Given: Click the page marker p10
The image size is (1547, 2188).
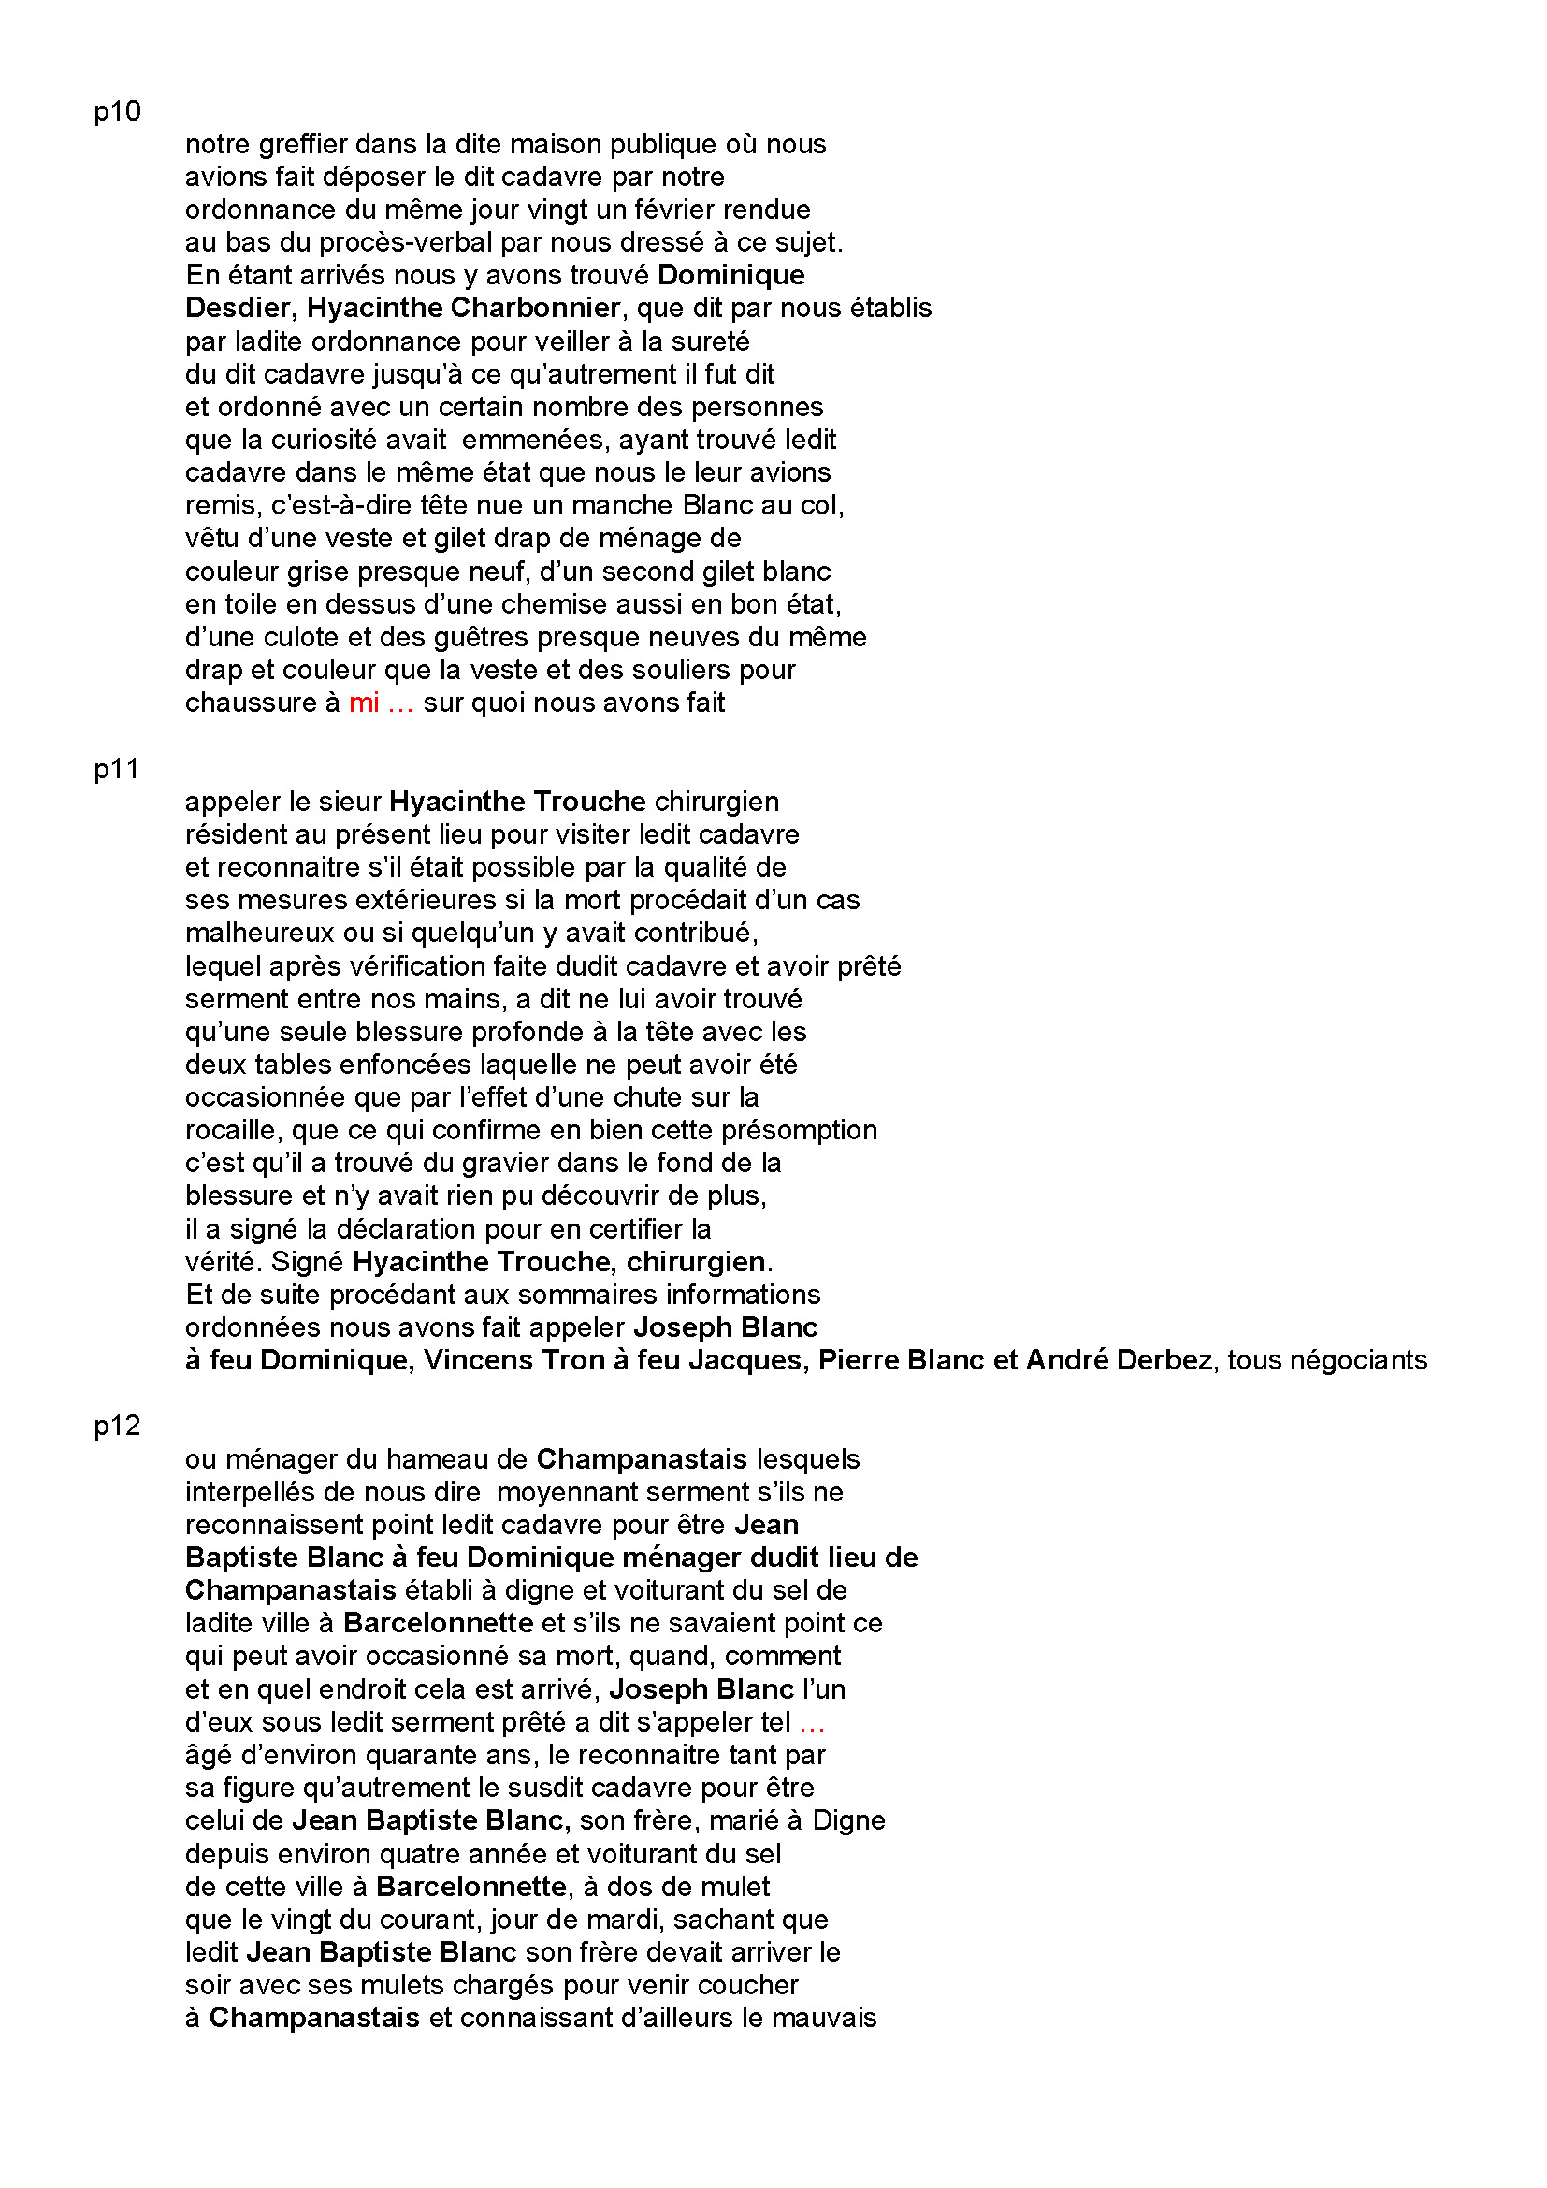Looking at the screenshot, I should (x=117, y=111).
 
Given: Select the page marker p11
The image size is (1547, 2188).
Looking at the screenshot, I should (x=116, y=769).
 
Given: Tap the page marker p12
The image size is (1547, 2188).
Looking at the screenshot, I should (x=117, y=1426).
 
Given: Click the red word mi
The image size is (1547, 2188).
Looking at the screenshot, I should (x=364, y=703).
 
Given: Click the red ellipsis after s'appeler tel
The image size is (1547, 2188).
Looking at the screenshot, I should (x=812, y=1723).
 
